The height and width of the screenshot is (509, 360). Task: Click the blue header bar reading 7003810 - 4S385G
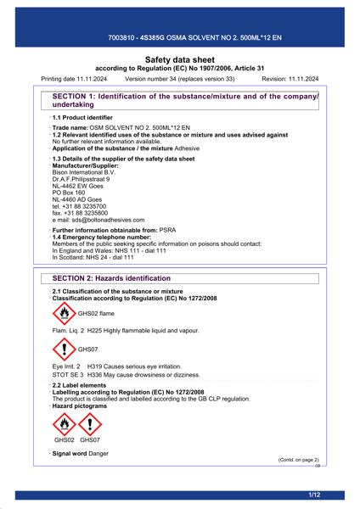tap(179, 39)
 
